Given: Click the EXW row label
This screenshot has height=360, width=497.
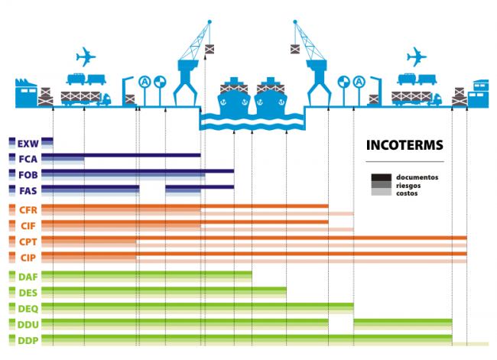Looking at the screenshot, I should pos(28,143).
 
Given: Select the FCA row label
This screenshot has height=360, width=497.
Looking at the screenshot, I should pos(28,159).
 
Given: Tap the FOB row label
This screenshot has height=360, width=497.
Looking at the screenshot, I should pos(28,175).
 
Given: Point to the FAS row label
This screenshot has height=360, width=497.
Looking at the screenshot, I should pos(28,190).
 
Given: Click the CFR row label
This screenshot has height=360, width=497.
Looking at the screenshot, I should pos(28,209).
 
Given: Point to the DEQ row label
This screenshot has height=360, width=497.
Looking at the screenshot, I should pos(28,308).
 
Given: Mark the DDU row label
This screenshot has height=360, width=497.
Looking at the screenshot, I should pos(28,324).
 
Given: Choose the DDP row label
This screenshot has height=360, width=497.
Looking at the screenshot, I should pos(28,340).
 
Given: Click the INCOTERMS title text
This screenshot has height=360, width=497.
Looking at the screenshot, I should pos(404,145).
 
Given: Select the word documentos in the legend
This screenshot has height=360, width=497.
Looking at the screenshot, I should pos(417,177).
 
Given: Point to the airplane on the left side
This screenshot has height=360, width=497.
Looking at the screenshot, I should pos(86,56).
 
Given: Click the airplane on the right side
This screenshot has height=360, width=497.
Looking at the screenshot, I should pos(417,56).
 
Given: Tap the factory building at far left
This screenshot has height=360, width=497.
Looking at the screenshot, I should pos(25,92).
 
